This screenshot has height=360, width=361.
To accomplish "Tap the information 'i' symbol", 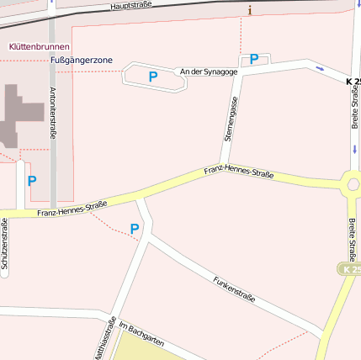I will [x=250, y=10].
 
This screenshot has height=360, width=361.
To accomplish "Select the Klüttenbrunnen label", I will [x=39, y=46].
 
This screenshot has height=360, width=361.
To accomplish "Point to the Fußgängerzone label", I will [x=82, y=61].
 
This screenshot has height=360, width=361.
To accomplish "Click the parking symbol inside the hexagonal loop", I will [x=153, y=76].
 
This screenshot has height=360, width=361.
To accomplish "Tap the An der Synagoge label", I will [x=209, y=72].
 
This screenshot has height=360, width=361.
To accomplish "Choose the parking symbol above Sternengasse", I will [x=254, y=59].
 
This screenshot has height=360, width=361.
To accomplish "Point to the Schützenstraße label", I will [x=4, y=244].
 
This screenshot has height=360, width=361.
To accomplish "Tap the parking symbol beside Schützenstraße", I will [x=32, y=180].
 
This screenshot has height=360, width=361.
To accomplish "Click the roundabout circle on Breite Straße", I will [x=352, y=183].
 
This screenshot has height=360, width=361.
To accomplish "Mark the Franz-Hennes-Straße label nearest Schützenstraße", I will [x=72, y=209].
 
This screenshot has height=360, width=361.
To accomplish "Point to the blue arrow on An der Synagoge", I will [x=319, y=67].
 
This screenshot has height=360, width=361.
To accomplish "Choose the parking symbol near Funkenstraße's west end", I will [x=135, y=229].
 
